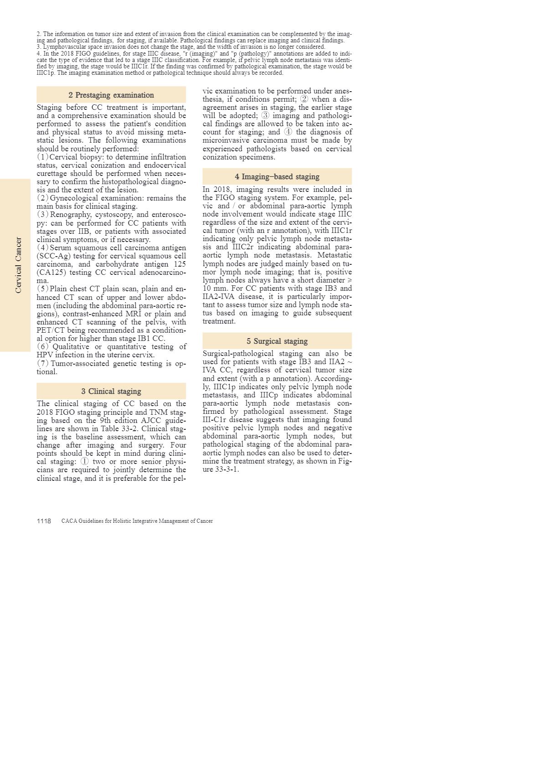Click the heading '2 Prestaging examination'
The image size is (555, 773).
point(111,95)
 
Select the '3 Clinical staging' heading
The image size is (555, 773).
point(111,391)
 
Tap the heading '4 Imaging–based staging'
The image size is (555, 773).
point(277,176)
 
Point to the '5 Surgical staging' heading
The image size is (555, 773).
point(277,341)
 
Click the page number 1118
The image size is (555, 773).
point(44,521)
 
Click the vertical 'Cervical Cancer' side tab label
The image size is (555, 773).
point(18,265)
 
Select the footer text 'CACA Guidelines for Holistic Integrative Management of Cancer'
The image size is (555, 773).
point(137,521)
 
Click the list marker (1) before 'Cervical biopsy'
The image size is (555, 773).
point(43,157)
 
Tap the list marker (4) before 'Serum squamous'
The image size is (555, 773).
point(43,247)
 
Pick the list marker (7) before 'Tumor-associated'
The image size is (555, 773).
point(43,363)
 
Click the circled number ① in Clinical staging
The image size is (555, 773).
point(85,461)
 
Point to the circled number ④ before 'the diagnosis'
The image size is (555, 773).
point(288,132)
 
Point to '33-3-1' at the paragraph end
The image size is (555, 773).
point(227,469)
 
